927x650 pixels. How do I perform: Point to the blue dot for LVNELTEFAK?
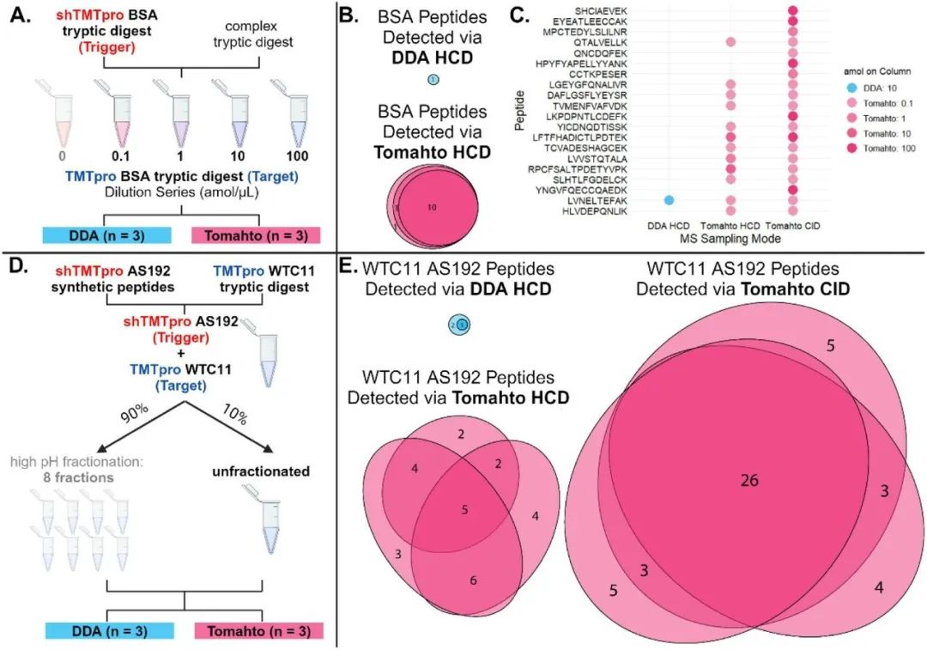click(x=669, y=200)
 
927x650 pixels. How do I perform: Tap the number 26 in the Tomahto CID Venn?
click(x=749, y=481)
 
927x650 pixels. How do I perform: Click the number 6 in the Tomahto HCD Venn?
click(x=474, y=580)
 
